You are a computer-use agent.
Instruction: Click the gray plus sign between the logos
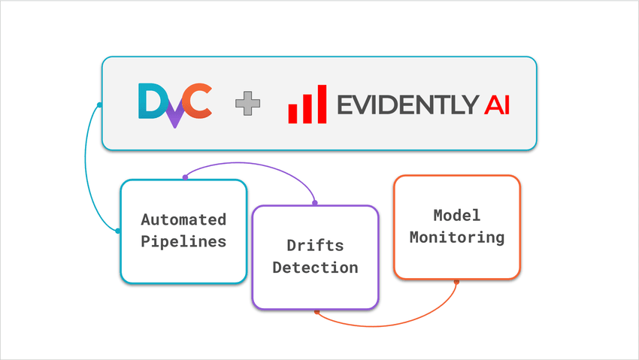coord(247,103)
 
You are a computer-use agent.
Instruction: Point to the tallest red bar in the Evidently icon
coord(322,104)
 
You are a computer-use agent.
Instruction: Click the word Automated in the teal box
coord(183,219)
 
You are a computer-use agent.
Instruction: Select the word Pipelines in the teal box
coord(183,242)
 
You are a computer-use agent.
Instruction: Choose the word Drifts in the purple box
coord(315,246)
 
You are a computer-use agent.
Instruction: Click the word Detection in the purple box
coord(315,268)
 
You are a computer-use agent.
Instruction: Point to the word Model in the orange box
coord(456,215)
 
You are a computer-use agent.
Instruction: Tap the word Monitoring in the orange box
coord(456,237)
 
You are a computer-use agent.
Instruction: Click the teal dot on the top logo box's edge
coord(100,104)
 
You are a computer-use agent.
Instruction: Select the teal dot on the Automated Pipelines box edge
coord(118,231)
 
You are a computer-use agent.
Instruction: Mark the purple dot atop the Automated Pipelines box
coord(185,178)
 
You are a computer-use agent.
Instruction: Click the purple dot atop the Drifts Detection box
coord(314,202)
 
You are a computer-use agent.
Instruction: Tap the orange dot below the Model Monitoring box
coord(456,282)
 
